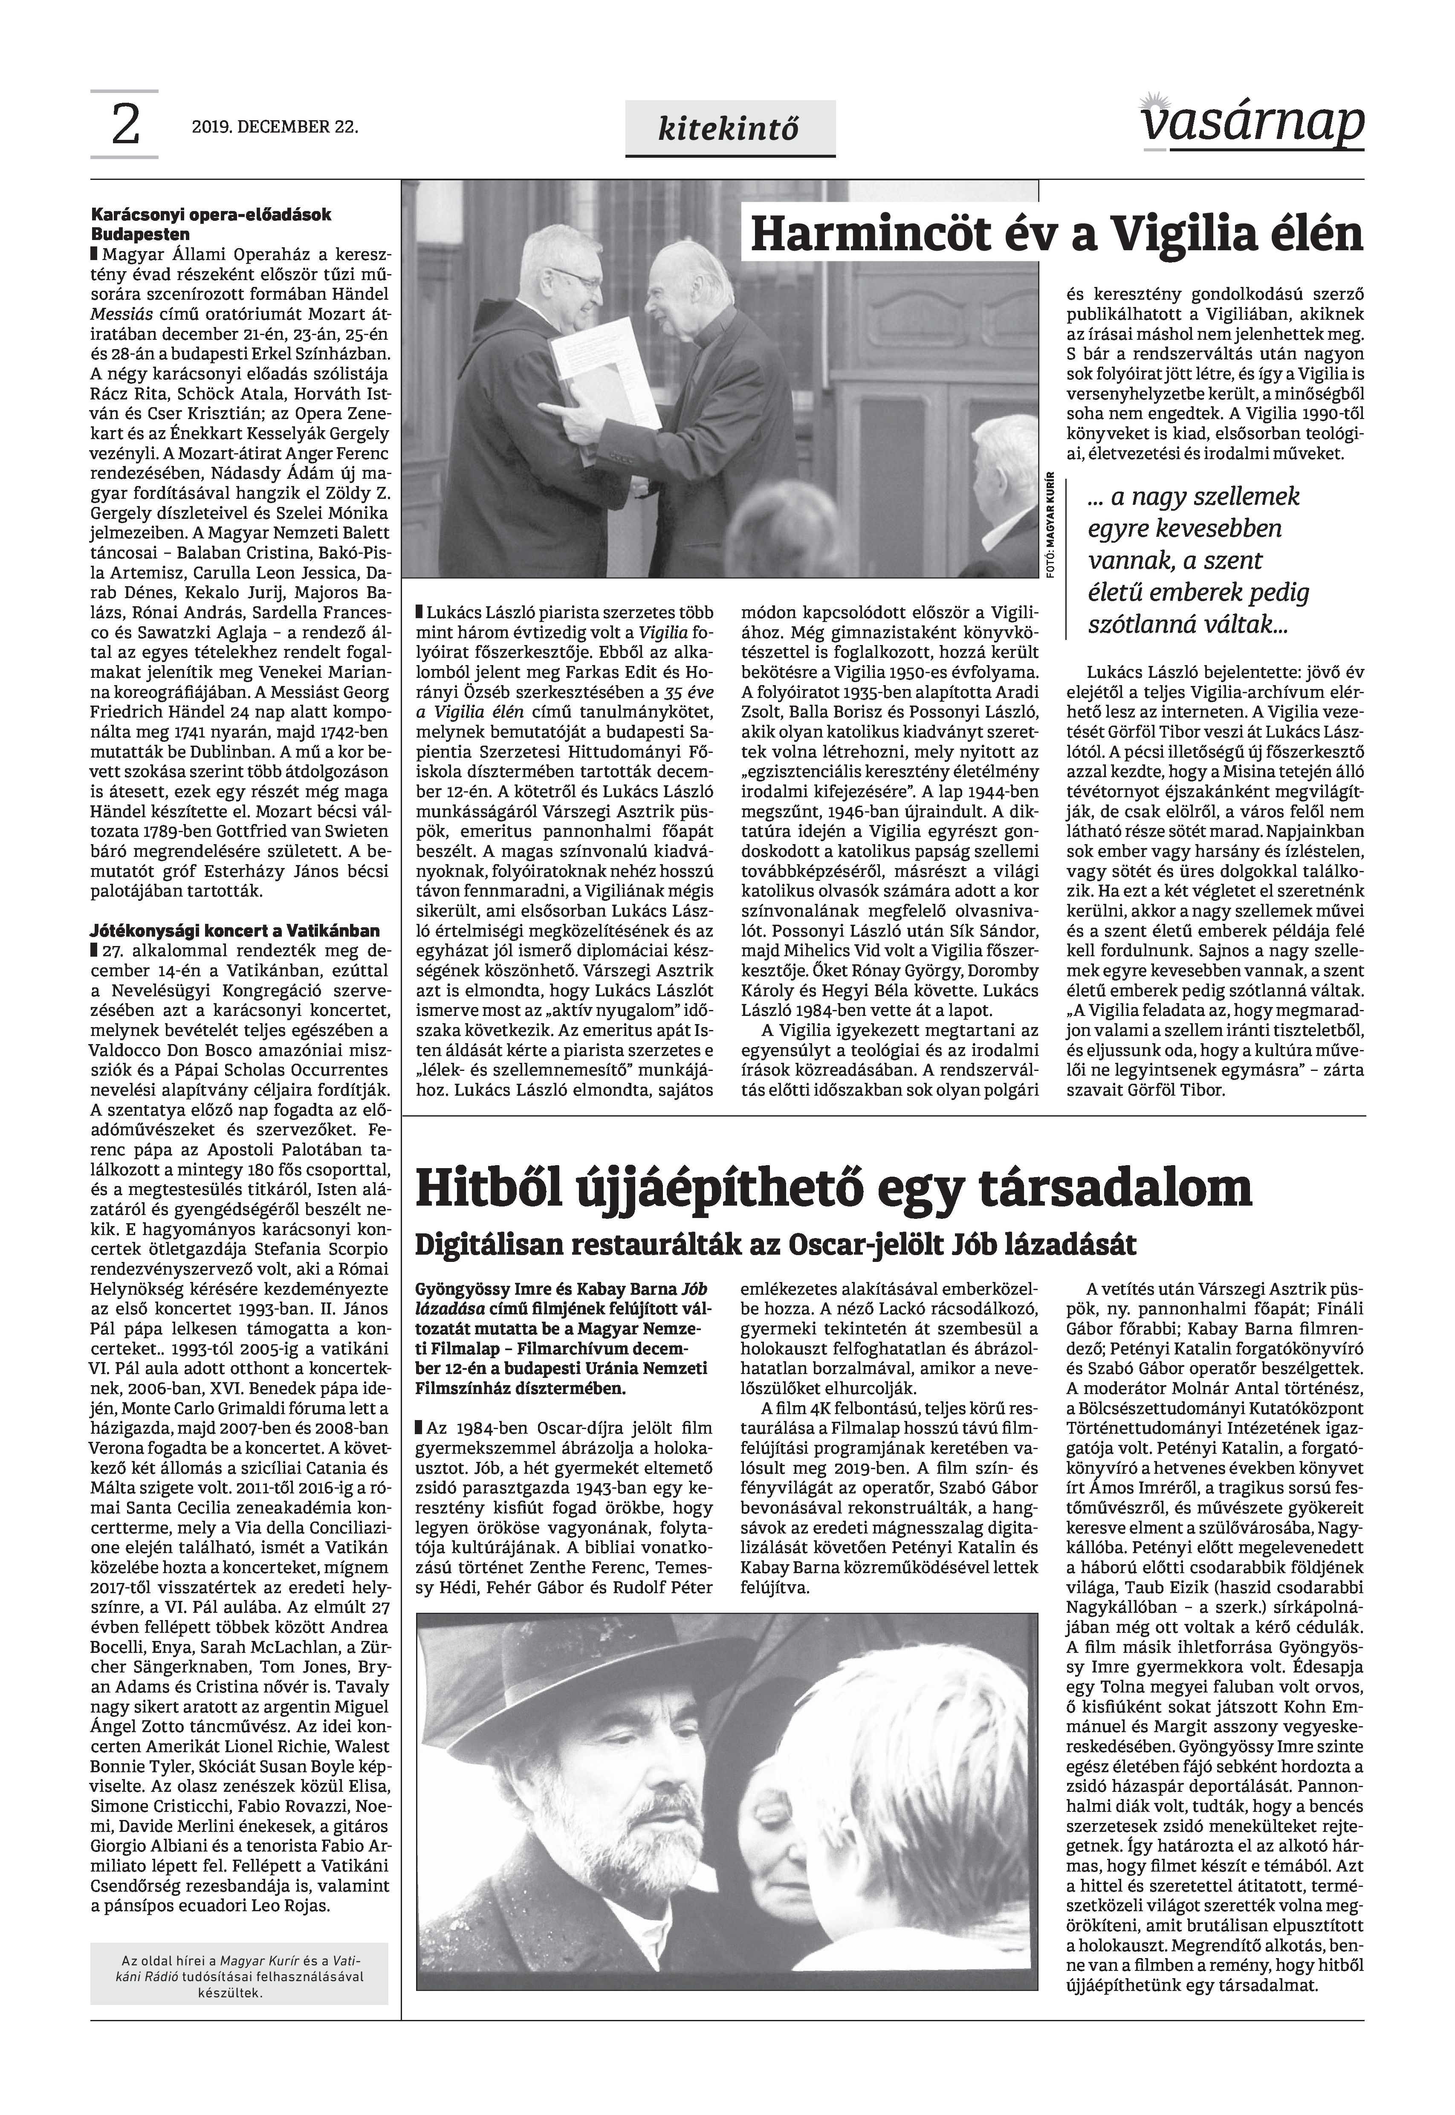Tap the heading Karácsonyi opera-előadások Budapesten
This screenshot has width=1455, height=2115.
tap(211, 223)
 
